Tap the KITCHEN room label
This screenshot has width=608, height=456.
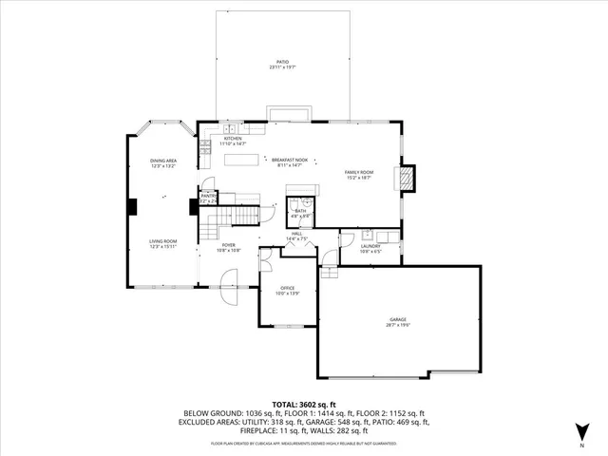233,139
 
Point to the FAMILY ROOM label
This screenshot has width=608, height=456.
359,172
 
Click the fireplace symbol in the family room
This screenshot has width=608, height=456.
407,178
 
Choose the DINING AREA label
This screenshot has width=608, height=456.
163,161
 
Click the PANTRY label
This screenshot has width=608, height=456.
208,197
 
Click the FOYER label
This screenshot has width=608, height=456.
229,245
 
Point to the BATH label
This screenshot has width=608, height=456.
300,212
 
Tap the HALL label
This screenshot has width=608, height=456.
296,234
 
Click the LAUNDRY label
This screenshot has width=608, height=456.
370,245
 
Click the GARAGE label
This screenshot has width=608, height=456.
397,318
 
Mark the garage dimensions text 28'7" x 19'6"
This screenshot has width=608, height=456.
397,324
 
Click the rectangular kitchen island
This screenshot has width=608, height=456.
242,160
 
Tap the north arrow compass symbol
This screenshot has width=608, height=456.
579,433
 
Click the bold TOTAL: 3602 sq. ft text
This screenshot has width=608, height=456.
303,403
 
